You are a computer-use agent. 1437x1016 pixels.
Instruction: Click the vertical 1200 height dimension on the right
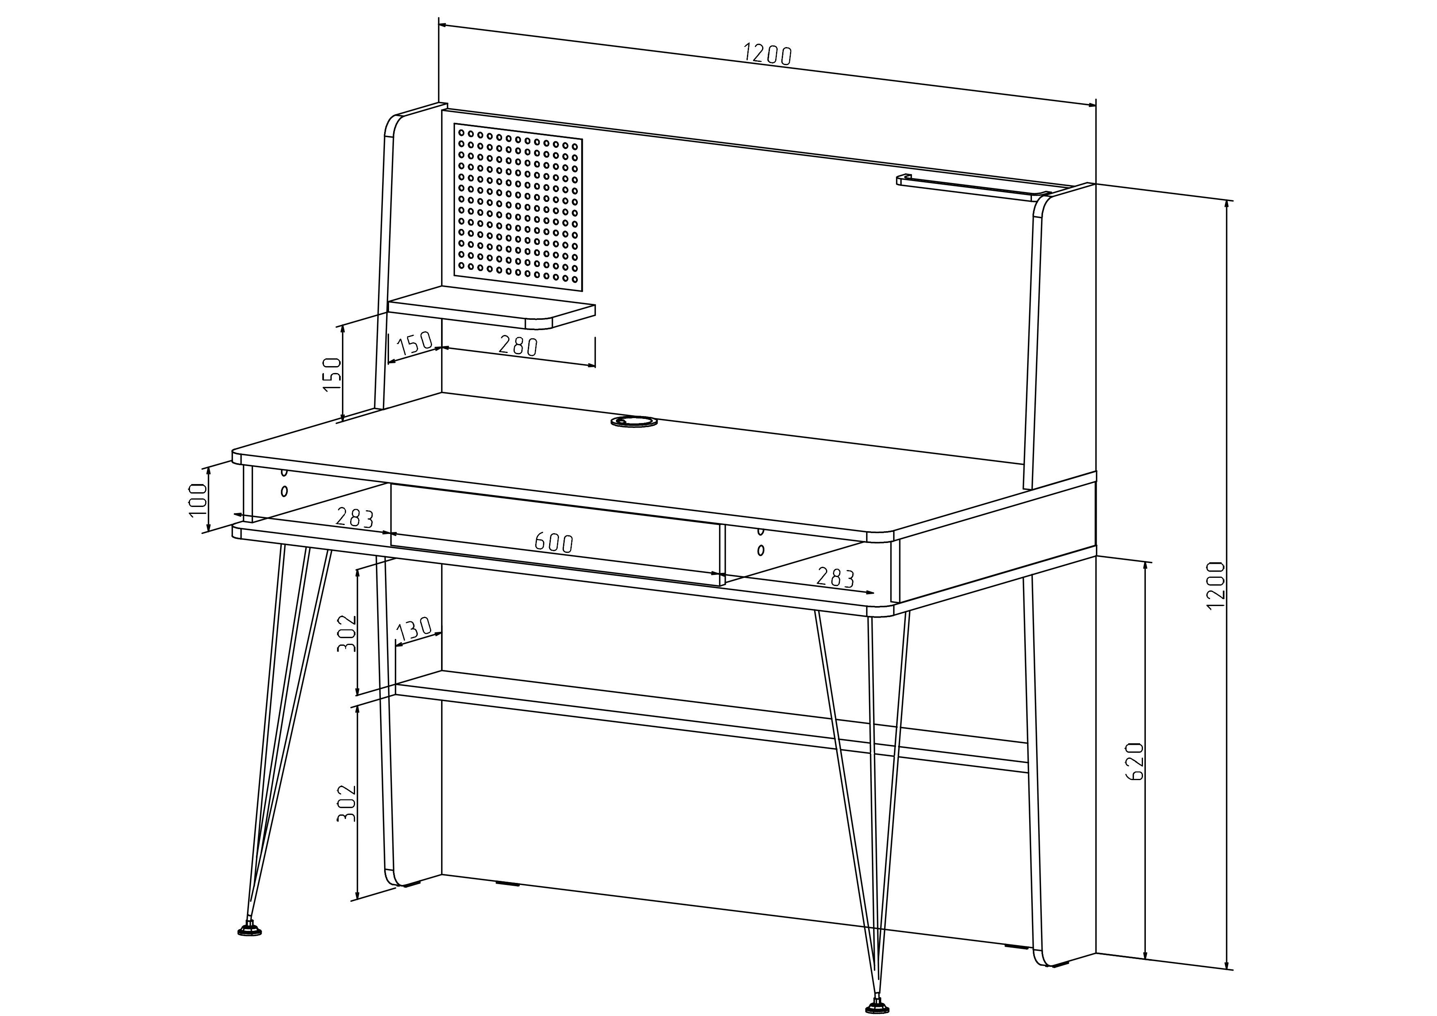point(1215,585)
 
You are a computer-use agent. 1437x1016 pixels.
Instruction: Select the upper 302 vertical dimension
point(346,633)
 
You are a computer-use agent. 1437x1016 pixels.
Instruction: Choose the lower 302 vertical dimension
point(346,803)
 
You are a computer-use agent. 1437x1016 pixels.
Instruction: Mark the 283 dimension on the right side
point(835,577)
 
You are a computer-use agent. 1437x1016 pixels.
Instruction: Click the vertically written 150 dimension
point(332,374)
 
